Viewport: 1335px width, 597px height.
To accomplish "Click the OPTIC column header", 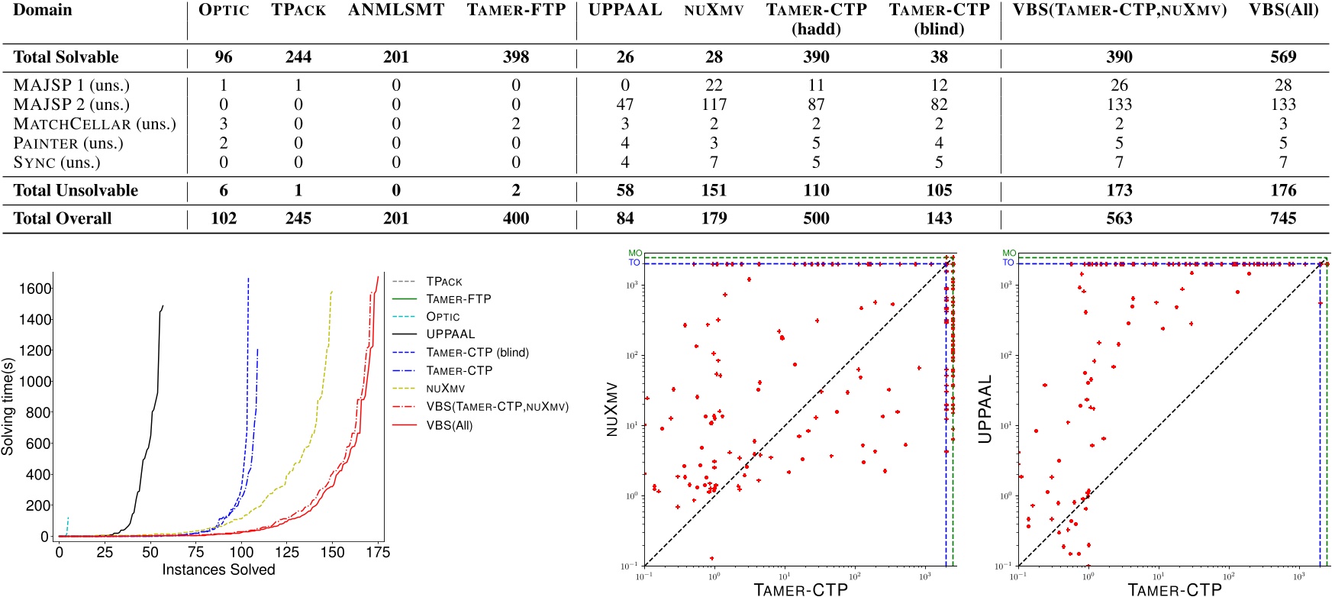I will (224, 11).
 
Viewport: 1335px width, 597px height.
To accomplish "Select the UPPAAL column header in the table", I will (624, 11).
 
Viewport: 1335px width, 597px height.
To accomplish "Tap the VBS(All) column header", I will (1283, 11).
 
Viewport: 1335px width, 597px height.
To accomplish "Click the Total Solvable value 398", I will (516, 57).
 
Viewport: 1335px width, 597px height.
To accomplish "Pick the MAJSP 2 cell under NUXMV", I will (714, 105).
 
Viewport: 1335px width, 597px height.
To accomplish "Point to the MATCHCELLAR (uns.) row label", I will (95, 124).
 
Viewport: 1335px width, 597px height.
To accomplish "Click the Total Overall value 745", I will (1283, 218).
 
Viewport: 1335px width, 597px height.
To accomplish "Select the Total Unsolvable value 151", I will (714, 191).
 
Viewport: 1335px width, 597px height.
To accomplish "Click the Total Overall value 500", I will (816, 218).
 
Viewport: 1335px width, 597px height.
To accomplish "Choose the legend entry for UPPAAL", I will (450, 334).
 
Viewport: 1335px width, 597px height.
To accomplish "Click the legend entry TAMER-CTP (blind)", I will (477, 353).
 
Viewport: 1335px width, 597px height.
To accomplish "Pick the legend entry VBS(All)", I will (449, 425).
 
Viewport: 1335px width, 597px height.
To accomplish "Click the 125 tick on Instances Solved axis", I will (287, 552).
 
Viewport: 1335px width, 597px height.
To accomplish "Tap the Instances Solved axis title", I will (218, 570).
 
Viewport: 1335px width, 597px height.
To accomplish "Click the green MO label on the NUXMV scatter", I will (635, 253).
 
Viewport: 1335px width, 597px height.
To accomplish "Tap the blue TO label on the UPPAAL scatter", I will (1008, 263).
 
